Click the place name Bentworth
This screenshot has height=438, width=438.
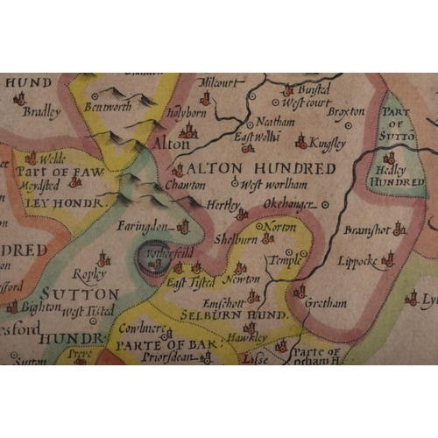[107, 108]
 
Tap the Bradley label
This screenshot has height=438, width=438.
[41, 111]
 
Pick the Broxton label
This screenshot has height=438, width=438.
[345, 112]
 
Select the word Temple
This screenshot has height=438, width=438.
[281, 261]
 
